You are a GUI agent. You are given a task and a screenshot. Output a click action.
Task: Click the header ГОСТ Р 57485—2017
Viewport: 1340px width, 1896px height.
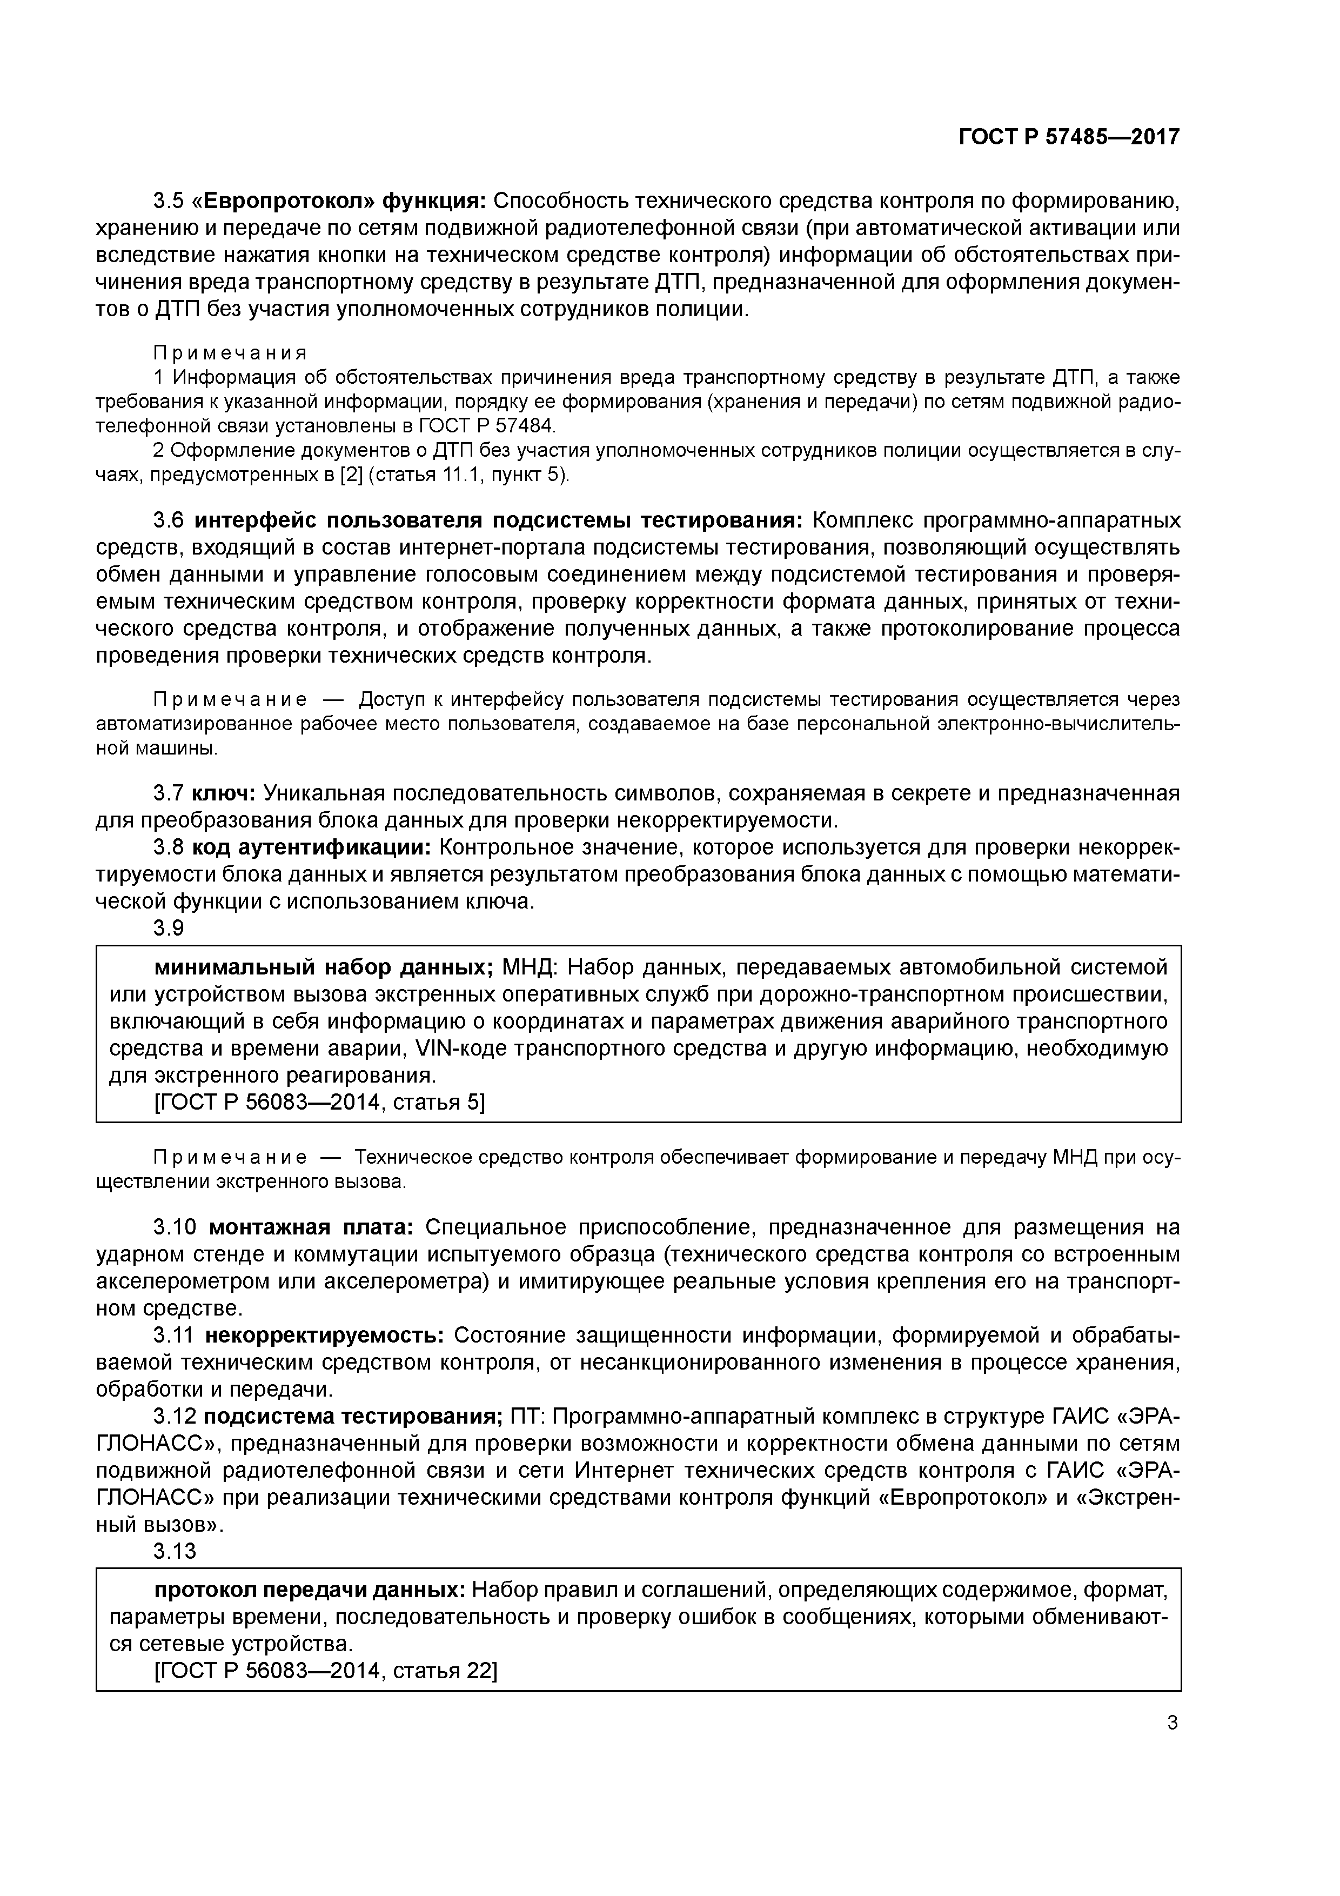[x=1068, y=137]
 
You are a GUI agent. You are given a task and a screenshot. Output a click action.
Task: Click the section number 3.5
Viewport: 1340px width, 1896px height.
[x=172, y=201]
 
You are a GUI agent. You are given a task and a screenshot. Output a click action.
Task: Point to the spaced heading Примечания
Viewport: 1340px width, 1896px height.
[x=230, y=353]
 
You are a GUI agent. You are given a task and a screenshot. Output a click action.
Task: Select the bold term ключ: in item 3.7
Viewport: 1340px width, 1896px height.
[x=224, y=793]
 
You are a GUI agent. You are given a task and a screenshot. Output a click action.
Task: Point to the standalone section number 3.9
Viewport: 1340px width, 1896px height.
[x=169, y=928]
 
